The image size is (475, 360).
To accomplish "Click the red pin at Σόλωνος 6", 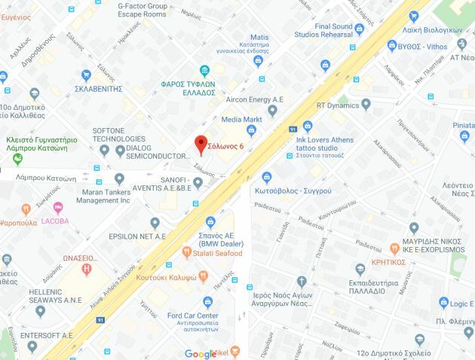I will [x=200, y=143].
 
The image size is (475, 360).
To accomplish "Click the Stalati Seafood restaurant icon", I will [x=186, y=253].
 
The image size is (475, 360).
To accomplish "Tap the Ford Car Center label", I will [x=193, y=316].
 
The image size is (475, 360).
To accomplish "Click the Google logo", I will [x=200, y=354].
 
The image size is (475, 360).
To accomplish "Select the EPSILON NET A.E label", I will [x=137, y=236].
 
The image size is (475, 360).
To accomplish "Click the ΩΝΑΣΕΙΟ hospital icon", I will [x=87, y=268].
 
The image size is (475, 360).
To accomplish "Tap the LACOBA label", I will [x=55, y=221].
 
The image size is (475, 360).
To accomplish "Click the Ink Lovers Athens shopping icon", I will [x=308, y=127].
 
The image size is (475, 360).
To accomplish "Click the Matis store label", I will [x=259, y=37].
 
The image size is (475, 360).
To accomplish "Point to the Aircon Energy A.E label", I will [x=255, y=99].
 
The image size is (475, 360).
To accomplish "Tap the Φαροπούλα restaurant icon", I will [x=26, y=209].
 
